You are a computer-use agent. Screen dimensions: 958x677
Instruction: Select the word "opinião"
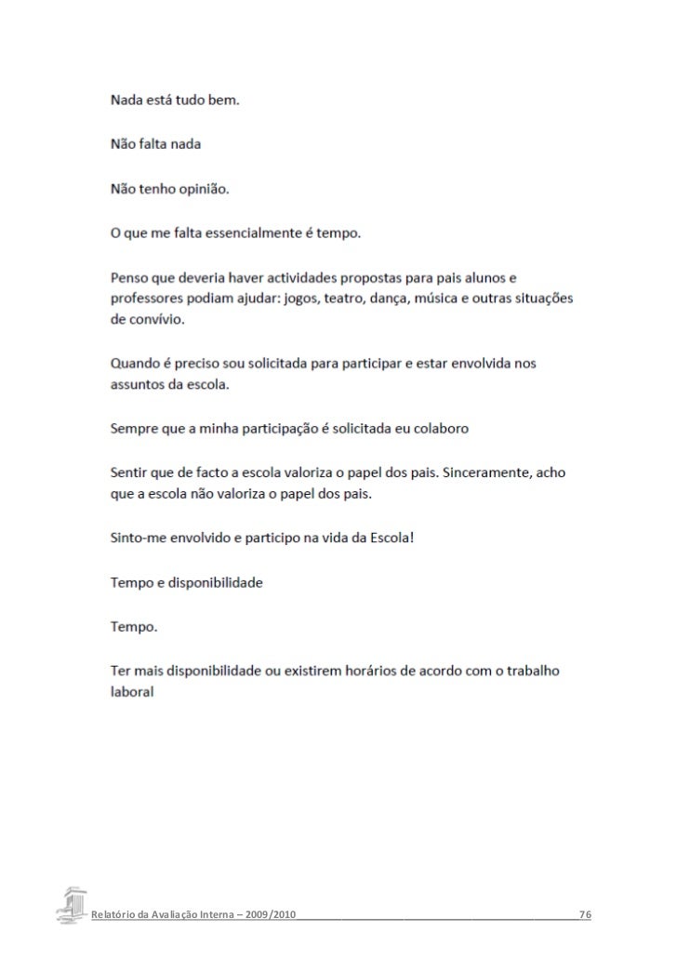pyautogui.click(x=199, y=189)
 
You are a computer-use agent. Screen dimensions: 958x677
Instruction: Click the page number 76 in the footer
pyautogui.click(x=585, y=916)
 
